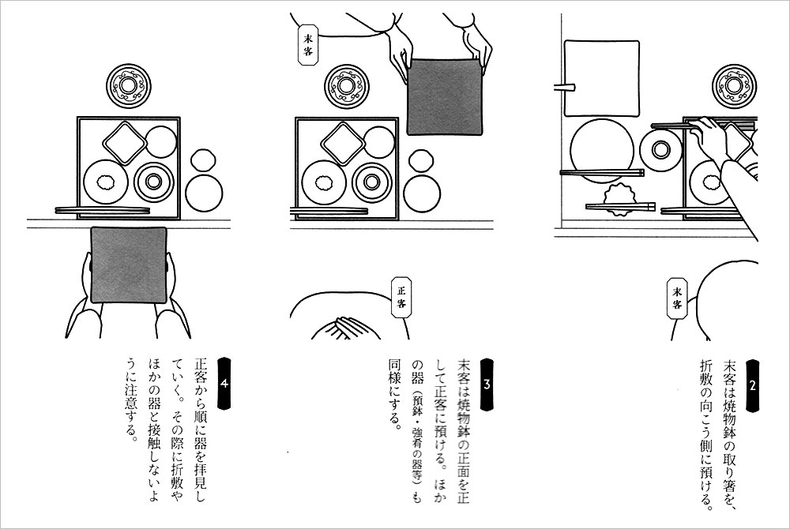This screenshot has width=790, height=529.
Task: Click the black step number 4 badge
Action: pos(224,385)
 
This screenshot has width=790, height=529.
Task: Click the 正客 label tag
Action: pos(401,297)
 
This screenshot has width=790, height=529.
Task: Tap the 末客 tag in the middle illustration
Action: pos(308,44)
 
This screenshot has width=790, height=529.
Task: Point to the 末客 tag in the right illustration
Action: pos(678,298)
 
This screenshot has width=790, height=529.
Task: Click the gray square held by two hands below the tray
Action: pos(129,264)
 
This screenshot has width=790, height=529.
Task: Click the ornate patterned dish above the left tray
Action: pos(129,86)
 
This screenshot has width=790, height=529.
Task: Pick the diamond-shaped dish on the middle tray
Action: pos(343,143)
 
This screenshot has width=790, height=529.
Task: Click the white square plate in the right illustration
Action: pos(602,78)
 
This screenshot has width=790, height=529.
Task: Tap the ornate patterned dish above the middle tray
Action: pos(347,86)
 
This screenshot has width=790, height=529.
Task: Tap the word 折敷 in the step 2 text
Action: pos(705,373)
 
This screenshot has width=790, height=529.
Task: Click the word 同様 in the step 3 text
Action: pos(394,370)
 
